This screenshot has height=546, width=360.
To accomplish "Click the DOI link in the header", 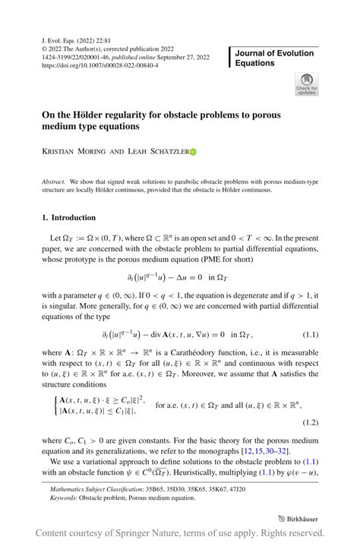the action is pyautogui.click(x=99, y=66).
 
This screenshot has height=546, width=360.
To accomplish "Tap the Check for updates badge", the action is pyautogui.click(x=307, y=84).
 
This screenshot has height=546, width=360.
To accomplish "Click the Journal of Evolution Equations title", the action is pyautogui.click(x=276, y=58).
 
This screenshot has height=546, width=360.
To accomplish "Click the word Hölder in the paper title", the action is pyautogui.click(x=103, y=112).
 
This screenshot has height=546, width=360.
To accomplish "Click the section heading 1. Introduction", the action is pyautogui.click(x=68, y=217).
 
